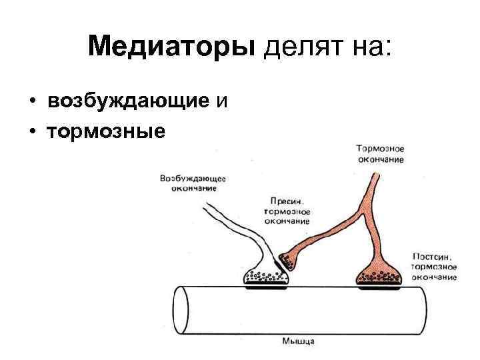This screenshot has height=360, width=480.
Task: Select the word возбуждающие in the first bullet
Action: pos(129,101)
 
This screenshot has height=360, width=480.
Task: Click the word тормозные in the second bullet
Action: pos(106,131)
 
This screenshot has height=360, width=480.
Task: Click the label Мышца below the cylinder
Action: pos(297,341)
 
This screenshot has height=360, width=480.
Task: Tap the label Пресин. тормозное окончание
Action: pos(287,210)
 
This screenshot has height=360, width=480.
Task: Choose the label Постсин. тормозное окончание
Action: pos(435,266)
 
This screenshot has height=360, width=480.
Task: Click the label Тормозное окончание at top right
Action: pos(380,153)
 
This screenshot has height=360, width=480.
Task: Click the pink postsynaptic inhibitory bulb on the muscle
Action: pos(379,274)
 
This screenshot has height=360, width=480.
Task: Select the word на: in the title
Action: pos(373,47)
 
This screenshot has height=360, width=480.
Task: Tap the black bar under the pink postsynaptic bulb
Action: pos(379,288)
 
